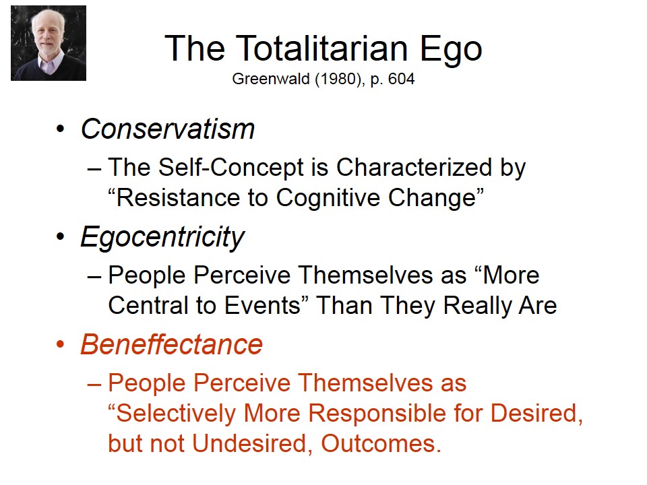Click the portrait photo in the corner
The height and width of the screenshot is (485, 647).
click(x=49, y=43)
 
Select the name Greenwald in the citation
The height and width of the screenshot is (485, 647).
click(x=271, y=78)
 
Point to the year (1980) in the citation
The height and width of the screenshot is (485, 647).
click(x=340, y=79)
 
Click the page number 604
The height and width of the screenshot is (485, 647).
click(x=401, y=78)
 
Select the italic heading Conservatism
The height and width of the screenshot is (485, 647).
click(x=168, y=129)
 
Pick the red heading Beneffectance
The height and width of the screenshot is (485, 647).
click(x=172, y=344)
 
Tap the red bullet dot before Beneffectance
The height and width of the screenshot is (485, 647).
click(x=61, y=344)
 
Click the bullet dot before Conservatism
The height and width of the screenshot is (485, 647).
click(x=61, y=129)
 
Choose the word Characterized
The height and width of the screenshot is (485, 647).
click(x=414, y=167)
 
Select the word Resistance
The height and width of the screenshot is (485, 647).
click(x=178, y=197)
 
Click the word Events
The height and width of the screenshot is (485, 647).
click(x=262, y=305)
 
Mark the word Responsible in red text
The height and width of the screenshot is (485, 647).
click(x=377, y=414)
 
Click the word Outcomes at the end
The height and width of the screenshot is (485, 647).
click(x=378, y=444)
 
